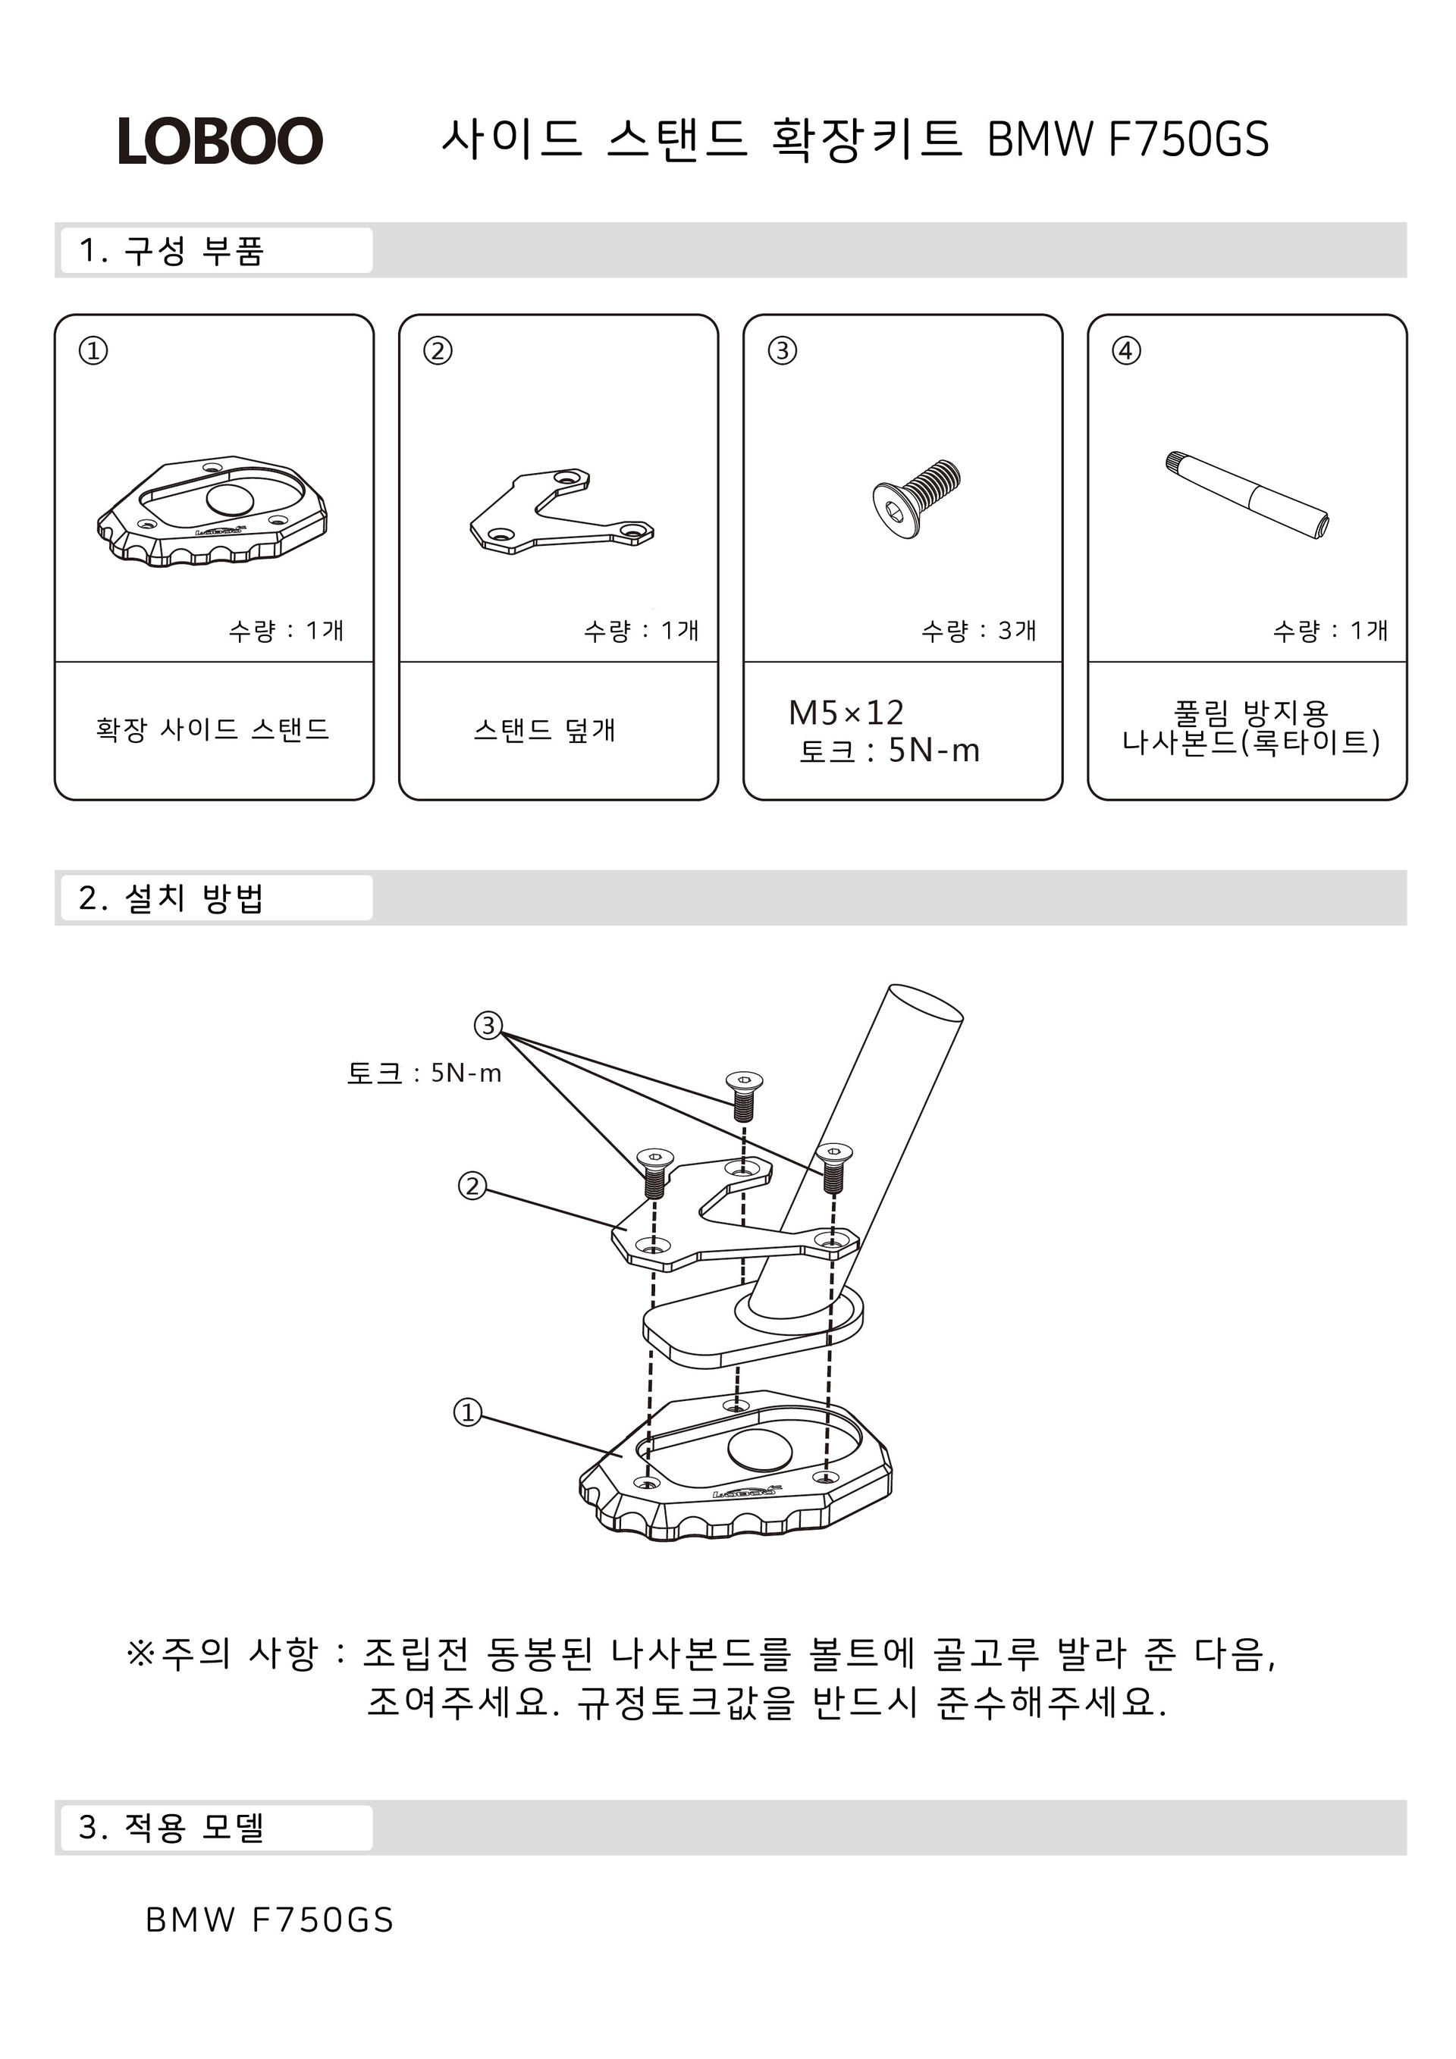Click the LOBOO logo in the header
coord(220,141)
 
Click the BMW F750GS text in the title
coord(1128,140)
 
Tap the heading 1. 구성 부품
coord(171,251)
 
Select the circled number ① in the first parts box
coord(93,351)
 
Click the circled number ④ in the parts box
coord(1126,351)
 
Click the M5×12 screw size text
coord(846,713)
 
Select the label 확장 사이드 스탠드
coord(212,729)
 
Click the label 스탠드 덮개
coord(544,730)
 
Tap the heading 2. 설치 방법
coord(171,898)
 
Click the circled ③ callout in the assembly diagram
coord(488,1025)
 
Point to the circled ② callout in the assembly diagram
coord(472,1186)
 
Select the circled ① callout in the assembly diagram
coord(467,1412)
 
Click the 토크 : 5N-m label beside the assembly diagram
coord(423,1073)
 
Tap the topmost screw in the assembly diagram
coord(744,1095)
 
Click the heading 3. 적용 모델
coord(171,1828)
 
